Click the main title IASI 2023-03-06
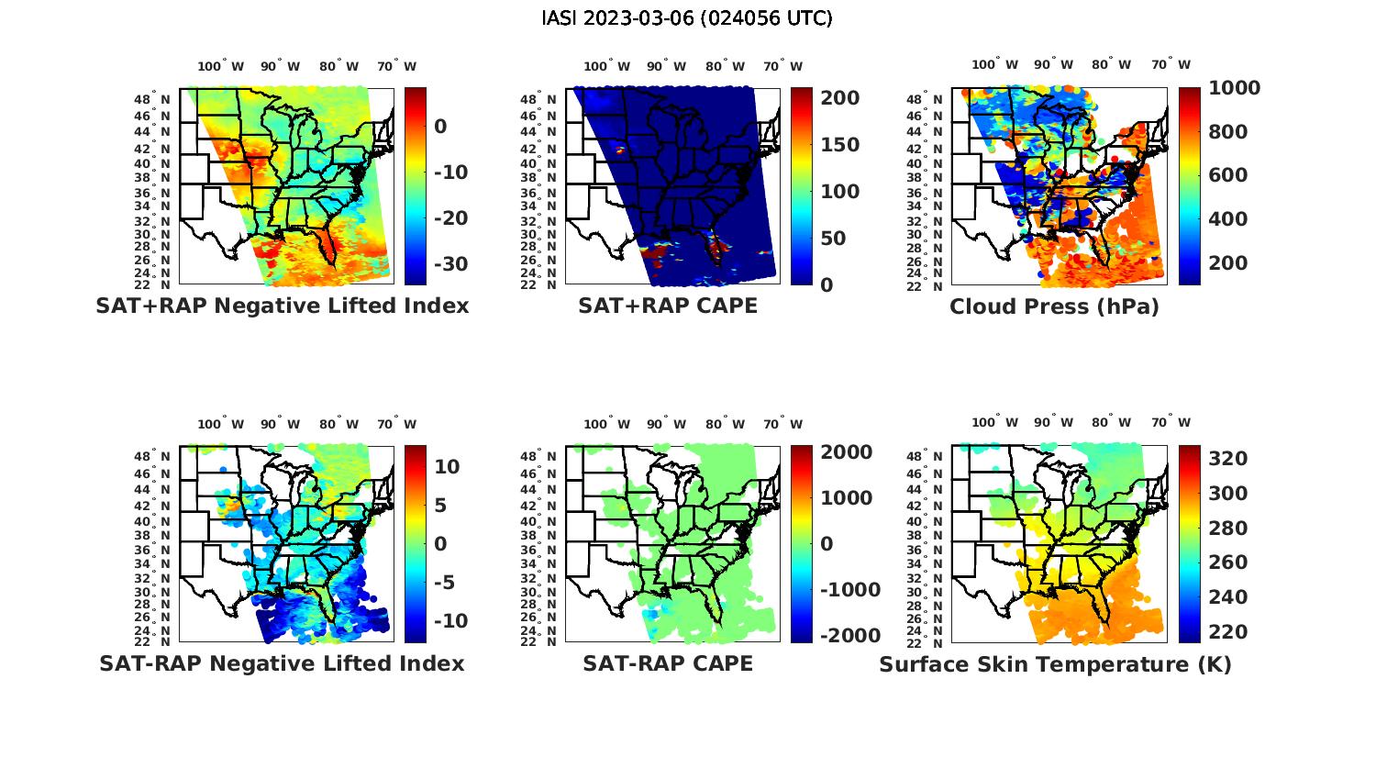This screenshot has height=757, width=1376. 687,18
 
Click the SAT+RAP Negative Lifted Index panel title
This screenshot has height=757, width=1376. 282,306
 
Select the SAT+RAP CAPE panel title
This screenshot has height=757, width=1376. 668,306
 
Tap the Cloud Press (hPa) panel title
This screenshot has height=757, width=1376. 1054,306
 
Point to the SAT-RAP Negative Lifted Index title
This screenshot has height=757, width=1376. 282,663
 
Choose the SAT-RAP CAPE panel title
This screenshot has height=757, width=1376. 668,663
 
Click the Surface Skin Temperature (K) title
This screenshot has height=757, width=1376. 1055,664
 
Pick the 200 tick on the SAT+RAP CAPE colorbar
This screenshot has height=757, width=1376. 839,98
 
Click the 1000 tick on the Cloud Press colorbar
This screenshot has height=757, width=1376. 1234,88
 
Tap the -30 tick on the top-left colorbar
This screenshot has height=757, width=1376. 449,264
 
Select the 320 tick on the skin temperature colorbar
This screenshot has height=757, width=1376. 1227,459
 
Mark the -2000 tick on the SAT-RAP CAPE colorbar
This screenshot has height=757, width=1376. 849,636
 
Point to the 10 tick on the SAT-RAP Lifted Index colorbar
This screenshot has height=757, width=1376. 447,466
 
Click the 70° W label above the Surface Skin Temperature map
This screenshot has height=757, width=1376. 1171,423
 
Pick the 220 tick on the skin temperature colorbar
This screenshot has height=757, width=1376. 1227,632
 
